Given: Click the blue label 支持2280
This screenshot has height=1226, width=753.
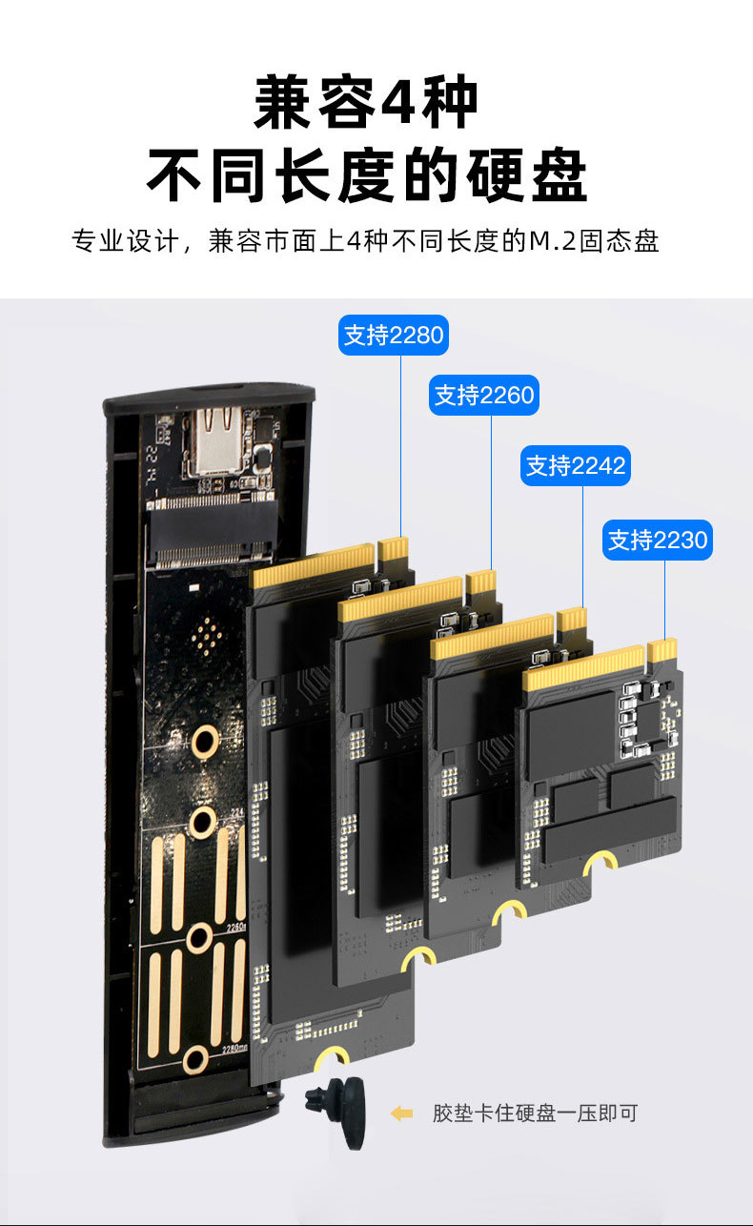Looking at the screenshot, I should click(393, 336).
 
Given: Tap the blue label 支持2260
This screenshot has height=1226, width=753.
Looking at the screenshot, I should click(484, 395).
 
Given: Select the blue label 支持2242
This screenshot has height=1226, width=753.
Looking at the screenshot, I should click(576, 465).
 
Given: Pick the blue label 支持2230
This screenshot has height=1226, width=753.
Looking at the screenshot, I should click(658, 541).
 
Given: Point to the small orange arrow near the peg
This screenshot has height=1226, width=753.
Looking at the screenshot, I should click(402, 1113).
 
